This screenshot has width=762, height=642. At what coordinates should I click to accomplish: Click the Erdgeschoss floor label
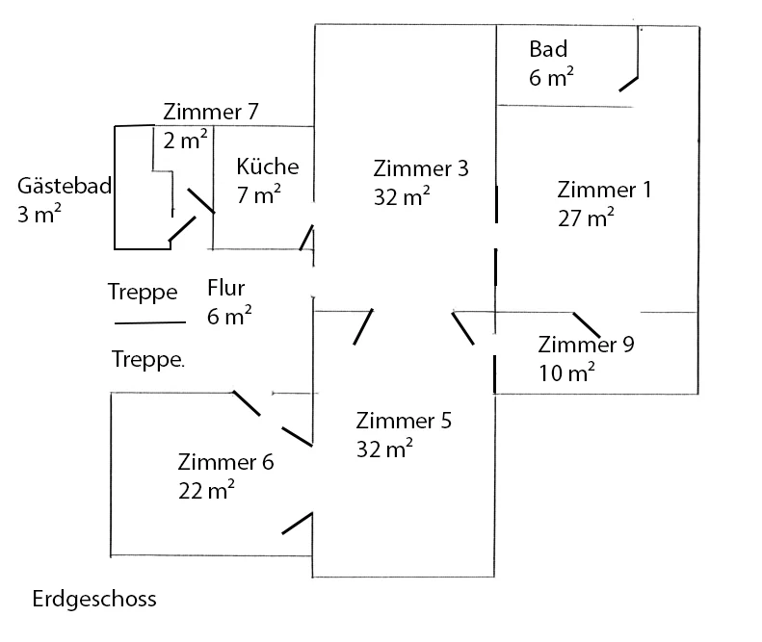94,600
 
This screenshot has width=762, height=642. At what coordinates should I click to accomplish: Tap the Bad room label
548,49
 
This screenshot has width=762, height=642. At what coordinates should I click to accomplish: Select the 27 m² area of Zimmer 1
586,218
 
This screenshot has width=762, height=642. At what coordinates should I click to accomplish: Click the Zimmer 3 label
421,168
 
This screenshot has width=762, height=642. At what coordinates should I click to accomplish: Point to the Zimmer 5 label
404,421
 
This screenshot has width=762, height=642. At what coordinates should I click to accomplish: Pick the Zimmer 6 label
225,462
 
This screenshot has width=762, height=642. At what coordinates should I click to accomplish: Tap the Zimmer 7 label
210,112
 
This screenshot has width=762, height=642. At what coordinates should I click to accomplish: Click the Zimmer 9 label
586,345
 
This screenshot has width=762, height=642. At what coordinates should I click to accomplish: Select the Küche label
268,167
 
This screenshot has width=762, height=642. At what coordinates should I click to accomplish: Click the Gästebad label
65,186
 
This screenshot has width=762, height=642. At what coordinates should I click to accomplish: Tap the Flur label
226,288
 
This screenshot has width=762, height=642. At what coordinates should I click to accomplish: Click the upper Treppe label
143,293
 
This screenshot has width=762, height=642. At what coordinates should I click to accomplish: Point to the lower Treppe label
148,360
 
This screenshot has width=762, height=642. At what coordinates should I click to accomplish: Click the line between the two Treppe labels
150,322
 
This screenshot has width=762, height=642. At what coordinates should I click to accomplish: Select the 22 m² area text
206,490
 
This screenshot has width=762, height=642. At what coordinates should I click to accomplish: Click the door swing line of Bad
628,84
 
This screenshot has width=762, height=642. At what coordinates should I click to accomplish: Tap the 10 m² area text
566,372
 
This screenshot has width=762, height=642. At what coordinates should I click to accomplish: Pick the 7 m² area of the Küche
258,194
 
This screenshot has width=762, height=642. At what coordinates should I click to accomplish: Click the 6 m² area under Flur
229,316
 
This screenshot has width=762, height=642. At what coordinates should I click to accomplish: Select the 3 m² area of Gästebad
39,214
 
